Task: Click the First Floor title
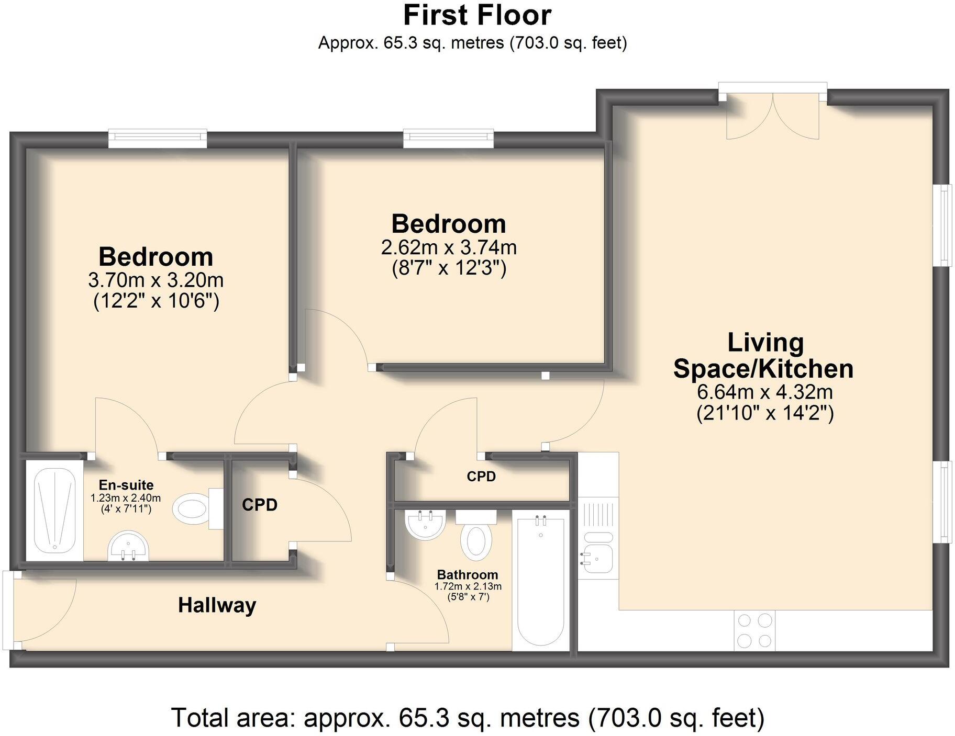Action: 477,15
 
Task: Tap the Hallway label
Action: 217,605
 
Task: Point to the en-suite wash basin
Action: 129,547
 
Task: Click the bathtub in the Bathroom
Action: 541,582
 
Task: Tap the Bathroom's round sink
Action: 425,525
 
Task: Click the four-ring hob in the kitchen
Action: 754,630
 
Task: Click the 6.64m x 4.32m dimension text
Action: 764,392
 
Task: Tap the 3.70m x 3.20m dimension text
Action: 156,280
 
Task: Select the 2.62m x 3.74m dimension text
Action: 449,247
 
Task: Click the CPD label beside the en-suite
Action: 260,505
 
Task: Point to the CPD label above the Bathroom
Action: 481,477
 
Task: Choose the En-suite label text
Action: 126,485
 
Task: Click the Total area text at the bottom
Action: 468,718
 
